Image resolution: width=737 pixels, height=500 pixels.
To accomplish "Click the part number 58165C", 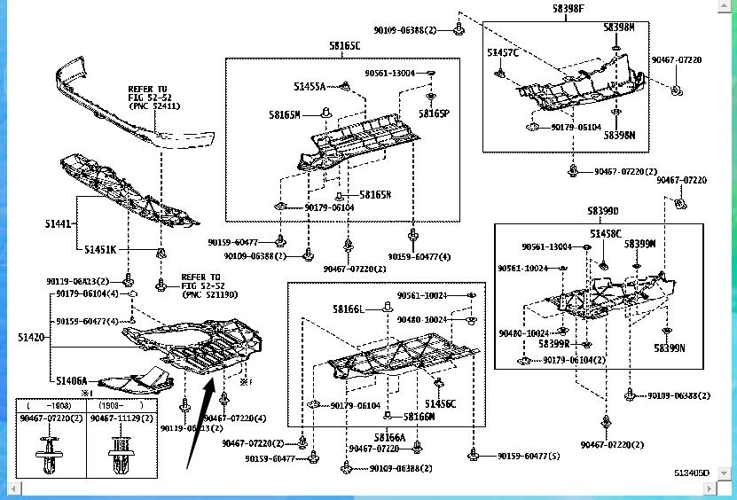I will point(343,45).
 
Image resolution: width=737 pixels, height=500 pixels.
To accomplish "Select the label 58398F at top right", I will point(568,8).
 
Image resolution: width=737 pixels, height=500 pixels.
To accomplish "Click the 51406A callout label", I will point(71,380).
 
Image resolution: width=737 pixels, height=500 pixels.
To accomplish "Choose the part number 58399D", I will point(602,211).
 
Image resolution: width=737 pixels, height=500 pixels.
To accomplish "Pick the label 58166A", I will point(389,437).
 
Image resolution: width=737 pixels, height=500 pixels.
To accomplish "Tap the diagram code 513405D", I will point(691,473).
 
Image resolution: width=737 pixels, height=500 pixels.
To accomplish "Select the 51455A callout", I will point(310,86).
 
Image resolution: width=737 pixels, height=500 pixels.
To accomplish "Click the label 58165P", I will point(435,113).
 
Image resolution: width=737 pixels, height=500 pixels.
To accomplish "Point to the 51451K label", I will point(100,250).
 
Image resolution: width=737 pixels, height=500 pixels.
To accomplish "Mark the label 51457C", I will point(502,53).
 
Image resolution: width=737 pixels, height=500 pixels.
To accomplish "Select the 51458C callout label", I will point(606,234).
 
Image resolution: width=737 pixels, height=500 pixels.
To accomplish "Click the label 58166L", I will point(349,309).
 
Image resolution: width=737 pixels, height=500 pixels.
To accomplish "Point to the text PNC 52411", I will point(153,105).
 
